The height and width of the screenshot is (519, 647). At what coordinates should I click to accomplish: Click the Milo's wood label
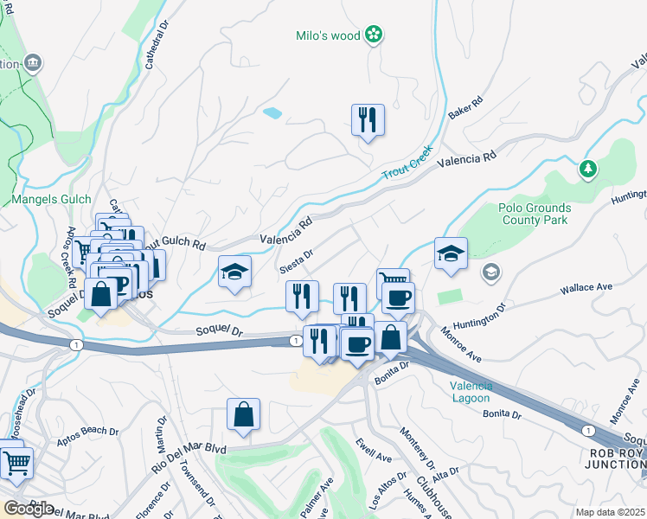pyautogui.click(x=327, y=35)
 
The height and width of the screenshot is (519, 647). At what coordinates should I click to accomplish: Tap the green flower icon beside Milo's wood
pyautogui.click(x=374, y=35)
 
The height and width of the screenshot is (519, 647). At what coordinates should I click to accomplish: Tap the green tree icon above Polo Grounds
pyautogui.click(x=589, y=168)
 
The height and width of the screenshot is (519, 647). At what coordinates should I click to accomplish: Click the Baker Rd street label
pyautogui.click(x=464, y=108)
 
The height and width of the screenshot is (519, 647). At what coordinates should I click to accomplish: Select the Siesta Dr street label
pyautogui.click(x=294, y=260)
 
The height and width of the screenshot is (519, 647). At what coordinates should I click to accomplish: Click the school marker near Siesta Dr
pyautogui.click(x=234, y=272)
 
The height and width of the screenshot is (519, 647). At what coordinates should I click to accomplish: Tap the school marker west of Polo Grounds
pyautogui.click(x=451, y=253)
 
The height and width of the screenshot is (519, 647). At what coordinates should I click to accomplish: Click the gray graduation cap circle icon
pyautogui.click(x=491, y=273)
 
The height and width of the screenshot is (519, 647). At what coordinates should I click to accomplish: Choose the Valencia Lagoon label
pyautogui.click(x=470, y=392)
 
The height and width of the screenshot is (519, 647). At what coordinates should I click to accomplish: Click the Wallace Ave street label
pyautogui.click(x=586, y=286)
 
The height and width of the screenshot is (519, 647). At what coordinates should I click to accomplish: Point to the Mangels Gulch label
pyautogui.click(x=52, y=199)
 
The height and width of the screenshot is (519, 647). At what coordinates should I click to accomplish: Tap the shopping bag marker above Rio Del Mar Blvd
pyautogui.click(x=244, y=414)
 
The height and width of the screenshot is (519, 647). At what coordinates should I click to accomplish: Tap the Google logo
pyautogui.click(x=29, y=508)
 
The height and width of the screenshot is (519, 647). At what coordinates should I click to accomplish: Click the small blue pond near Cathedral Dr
pyautogui.click(x=272, y=112)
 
